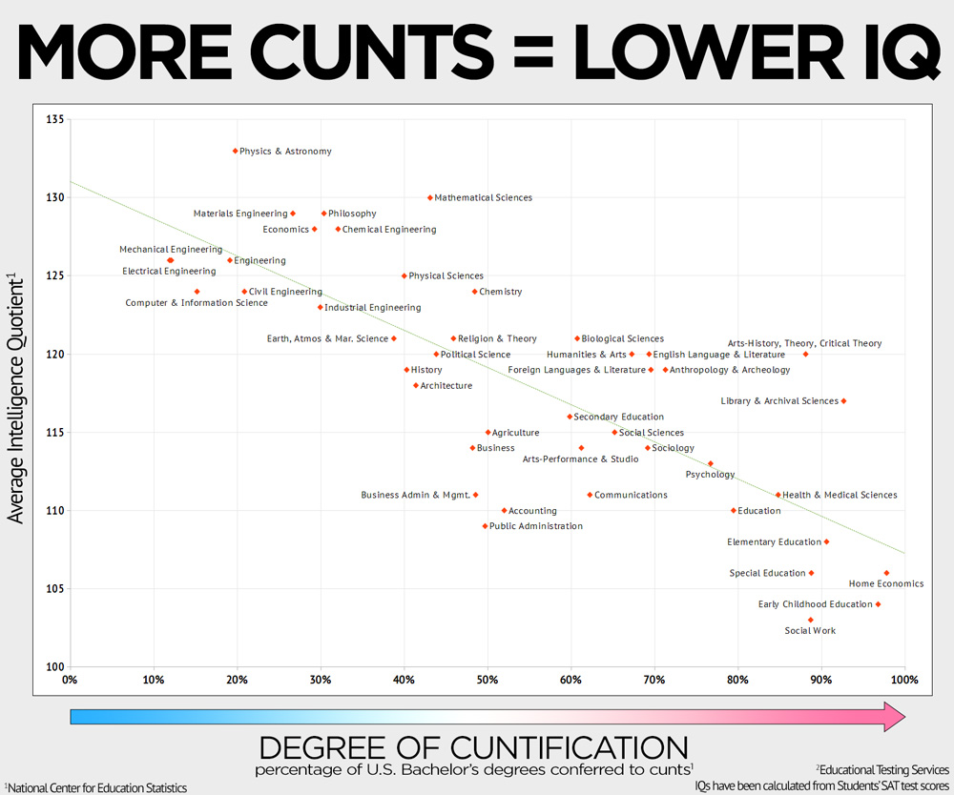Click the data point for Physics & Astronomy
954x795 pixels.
236,151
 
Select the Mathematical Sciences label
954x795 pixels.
483,198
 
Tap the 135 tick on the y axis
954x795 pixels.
54,120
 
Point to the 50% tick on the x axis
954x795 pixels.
487,680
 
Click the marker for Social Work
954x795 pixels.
811,620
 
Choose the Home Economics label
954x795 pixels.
886,583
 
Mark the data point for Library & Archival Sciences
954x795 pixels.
843,401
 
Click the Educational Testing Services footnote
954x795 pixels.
882,769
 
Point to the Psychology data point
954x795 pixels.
710,464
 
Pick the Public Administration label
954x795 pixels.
535,526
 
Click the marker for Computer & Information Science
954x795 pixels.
197,292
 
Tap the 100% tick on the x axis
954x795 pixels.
903,680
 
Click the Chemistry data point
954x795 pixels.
474,292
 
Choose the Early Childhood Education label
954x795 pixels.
815,604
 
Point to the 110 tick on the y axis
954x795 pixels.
54,511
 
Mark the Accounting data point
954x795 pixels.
505,511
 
